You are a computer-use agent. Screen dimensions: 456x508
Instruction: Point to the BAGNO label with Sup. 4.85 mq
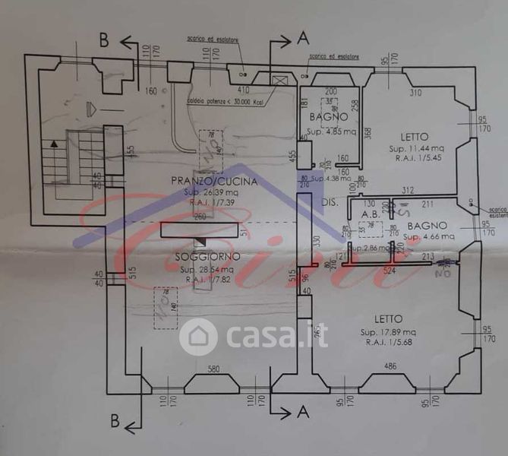coord(329,118)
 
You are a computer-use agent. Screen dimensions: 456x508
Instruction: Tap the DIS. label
coord(329,203)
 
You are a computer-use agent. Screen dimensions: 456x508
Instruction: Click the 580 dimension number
coord(215,370)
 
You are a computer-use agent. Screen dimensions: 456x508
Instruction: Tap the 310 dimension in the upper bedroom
coord(415,93)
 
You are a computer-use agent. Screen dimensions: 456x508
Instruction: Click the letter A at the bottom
coord(303,413)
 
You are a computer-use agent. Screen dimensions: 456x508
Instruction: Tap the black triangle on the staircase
coord(53,142)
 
